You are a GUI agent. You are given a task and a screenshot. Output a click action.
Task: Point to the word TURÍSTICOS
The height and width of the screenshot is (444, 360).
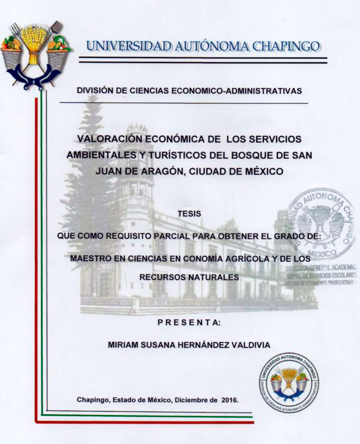coord(178,155)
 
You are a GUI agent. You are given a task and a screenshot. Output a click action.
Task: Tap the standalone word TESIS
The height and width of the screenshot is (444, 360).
coord(189,214)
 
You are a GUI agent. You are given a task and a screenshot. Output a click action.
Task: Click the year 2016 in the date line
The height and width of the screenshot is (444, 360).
coord(230,400)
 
